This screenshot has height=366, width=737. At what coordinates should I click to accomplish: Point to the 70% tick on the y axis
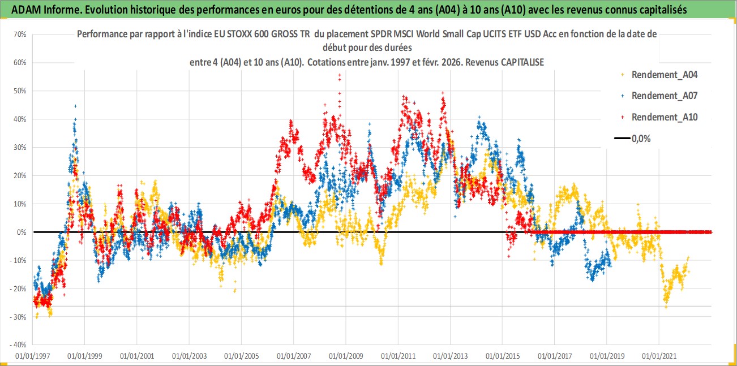click(20, 35)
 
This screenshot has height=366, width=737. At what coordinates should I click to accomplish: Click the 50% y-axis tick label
click(20, 91)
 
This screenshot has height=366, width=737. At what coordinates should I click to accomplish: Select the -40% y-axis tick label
click(19, 345)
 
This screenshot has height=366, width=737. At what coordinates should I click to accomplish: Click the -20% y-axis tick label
click(19, 289)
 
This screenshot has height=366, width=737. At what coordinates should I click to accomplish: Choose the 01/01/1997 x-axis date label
click(32, 356)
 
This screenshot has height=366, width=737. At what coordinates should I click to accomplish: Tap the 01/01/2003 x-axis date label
click(189, 356)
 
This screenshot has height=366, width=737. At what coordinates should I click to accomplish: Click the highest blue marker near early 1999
click(75, 106)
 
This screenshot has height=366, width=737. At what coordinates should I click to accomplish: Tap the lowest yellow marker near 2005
click(234, 291)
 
